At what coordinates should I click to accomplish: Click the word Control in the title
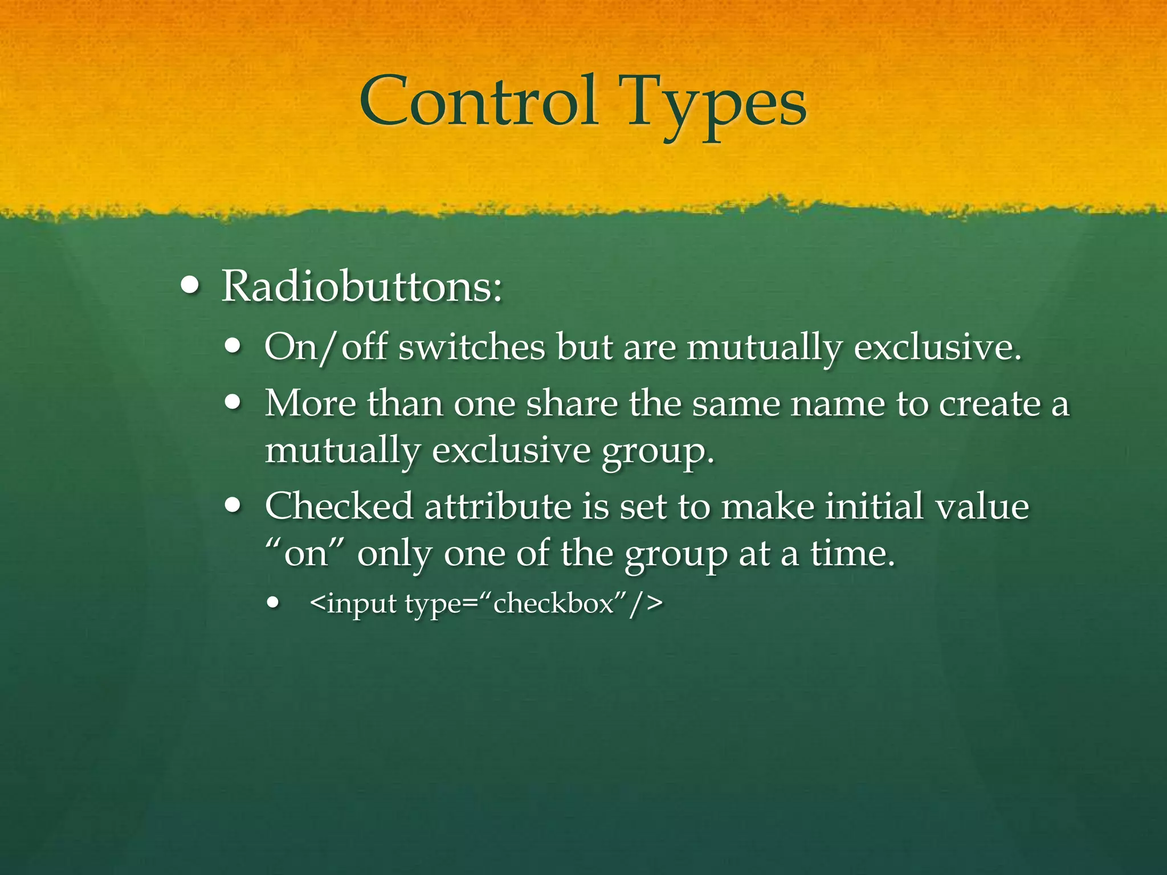click(479, 103)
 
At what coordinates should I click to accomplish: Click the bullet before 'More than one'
click(233, 403)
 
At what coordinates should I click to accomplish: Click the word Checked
click(339, 506)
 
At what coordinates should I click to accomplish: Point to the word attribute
click(497, 506)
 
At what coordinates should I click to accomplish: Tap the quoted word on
click(306, 553)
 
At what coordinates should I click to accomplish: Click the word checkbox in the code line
click(553, 603)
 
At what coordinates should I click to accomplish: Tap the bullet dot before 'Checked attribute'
click(233, 505)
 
